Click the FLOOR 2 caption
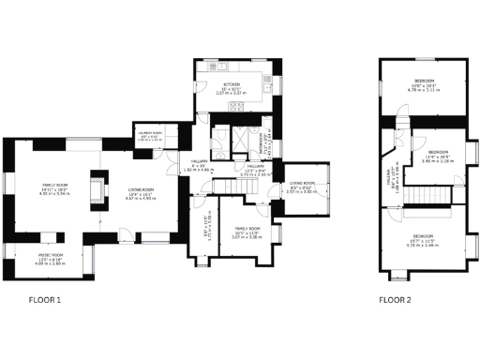click(395, 301)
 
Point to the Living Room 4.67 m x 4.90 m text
click(141, 199)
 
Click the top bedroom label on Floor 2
click(425, 82)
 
